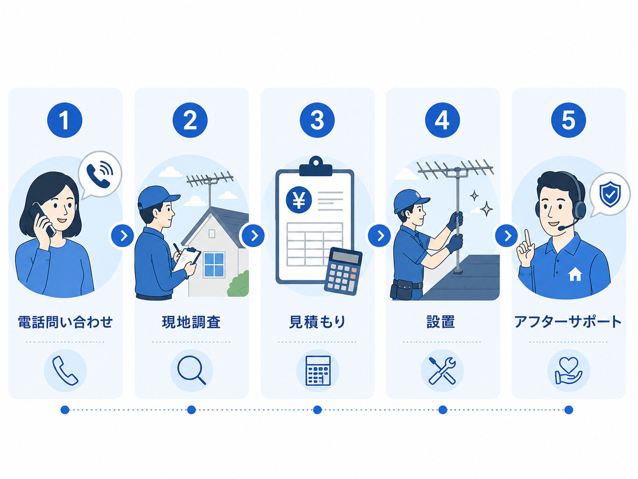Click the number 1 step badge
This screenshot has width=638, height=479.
coord(65,120)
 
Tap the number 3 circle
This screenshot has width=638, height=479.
coord(317,120)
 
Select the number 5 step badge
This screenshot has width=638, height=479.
coord(569,120)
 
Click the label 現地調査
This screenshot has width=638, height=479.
coord(191,322)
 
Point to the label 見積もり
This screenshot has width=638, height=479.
coord(317,322)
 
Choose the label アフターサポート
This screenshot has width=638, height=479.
coord(568,322)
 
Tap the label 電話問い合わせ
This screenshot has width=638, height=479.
coord(65,322)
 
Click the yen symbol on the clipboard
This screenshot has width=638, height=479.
coord(299,200)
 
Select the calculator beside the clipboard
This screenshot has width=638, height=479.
coord(343,271)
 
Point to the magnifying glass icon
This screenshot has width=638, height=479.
coord(191,370)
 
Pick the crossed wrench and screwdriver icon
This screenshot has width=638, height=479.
coord(442,370)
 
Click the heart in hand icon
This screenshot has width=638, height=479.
coord(569,370)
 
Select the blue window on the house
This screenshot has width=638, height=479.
coord(214,265)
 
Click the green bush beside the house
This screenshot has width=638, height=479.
coord(239,284)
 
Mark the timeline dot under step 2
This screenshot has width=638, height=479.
coord(191,410)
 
